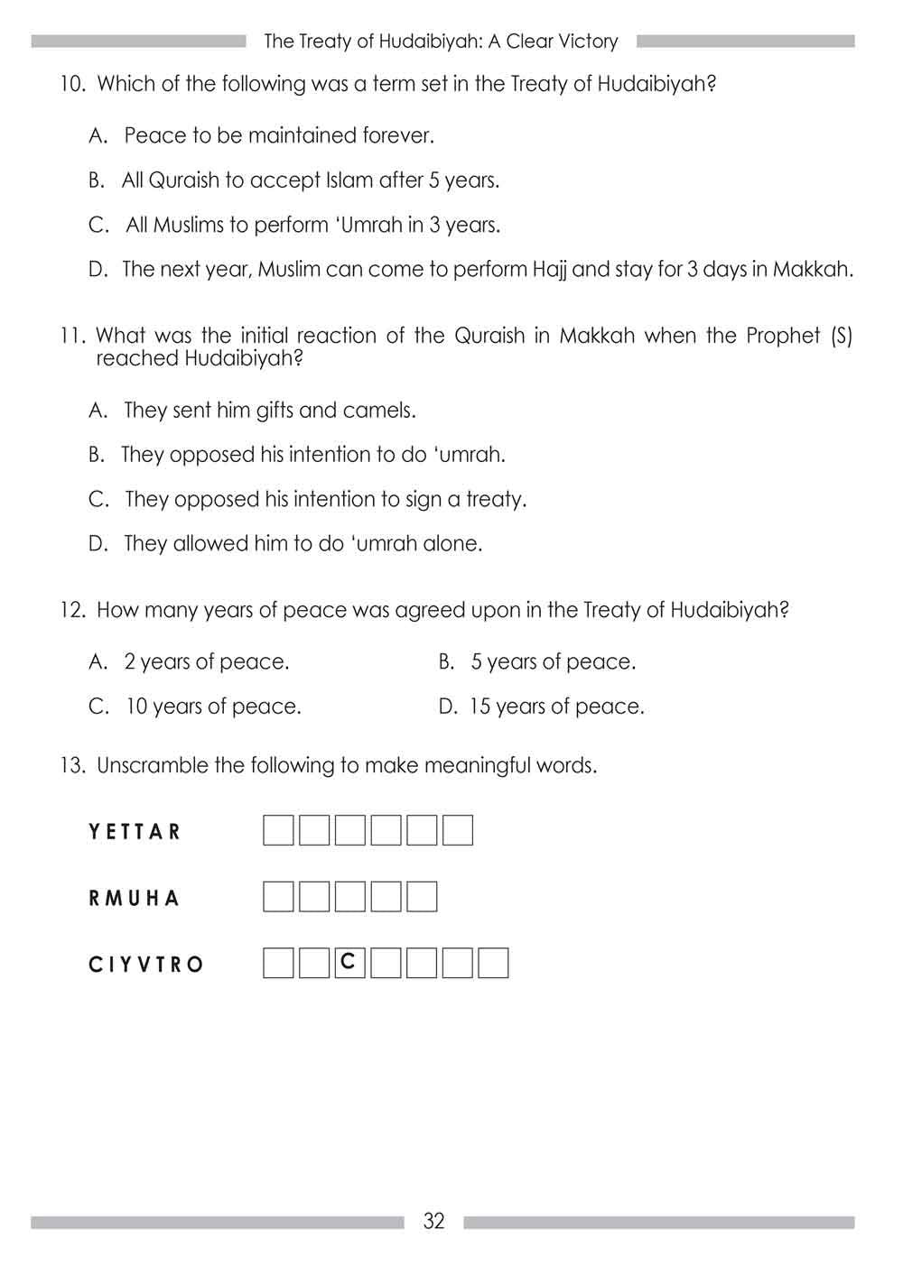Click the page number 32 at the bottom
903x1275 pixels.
click(x=433, y=1221)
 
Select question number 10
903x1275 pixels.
click(x=73, y=85)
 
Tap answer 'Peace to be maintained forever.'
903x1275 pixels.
click(x=279, y=136)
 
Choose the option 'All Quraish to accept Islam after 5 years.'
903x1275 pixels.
click(x=311, y=180)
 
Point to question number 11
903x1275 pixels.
click(x=73, y=337)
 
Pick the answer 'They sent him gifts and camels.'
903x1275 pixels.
click(x=270, y=411)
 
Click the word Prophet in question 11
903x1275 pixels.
click(x=782, y=337)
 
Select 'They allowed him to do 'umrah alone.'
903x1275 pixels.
click(x=303, y=544)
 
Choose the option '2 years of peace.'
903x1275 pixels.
click(x=207, y=662)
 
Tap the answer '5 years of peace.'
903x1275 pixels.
click(x=553, y=662)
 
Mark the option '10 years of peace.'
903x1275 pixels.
click(x=213, y=707)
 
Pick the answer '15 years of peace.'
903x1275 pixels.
click(x=556, y=707)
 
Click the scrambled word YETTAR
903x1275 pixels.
click(x=135, y=831)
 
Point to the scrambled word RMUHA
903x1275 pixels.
click(x=135, y=898)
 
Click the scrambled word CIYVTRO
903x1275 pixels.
click(x=146, y=965)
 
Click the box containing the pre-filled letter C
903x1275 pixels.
click(x=349, y=963)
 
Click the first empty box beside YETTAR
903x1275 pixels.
click(x=278, y=830)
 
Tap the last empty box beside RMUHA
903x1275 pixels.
click(x=422, y=897)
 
